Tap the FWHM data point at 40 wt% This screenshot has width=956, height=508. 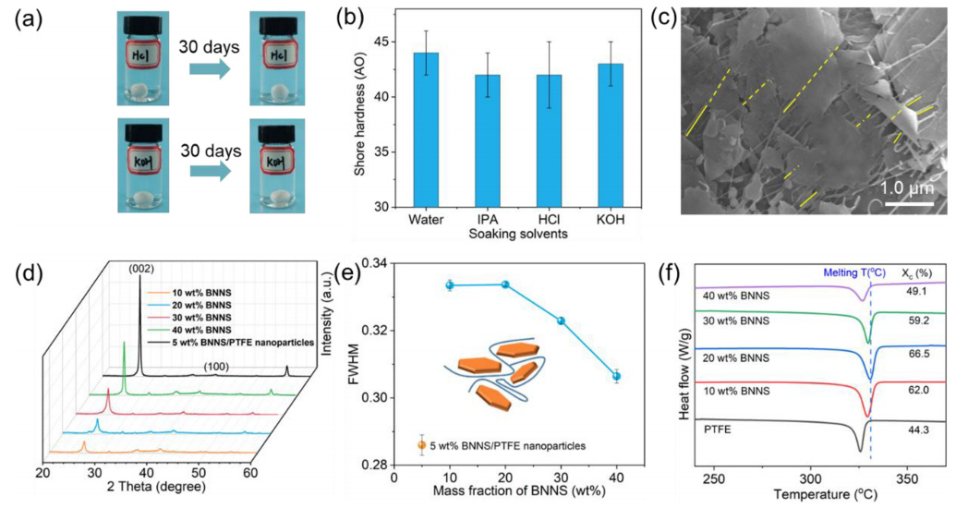616,376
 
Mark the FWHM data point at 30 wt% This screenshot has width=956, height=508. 561,321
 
